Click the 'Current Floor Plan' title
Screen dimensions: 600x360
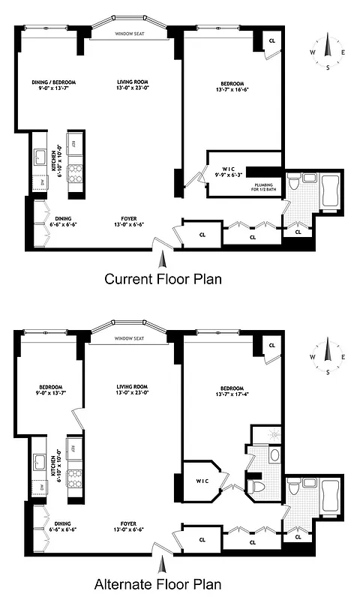(x=163, y=279)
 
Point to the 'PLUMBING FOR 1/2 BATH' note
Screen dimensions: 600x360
(x=268, y=187)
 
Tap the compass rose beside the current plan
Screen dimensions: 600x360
(x=327, y=52)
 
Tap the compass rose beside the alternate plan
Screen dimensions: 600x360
(x=327, y=355)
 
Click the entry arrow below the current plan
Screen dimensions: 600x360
(x=163, y=258)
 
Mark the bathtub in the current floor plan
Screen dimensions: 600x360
(x=329, y=192)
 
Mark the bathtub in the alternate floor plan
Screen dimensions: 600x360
(x=329, y=495)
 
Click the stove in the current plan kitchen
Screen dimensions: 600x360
(x=75, y=173)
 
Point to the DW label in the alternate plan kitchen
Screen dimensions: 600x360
(x=40, y=485)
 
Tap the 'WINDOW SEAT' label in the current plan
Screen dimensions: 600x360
(x=130, y=34)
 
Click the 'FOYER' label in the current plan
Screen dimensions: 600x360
(x=130, y=217)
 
